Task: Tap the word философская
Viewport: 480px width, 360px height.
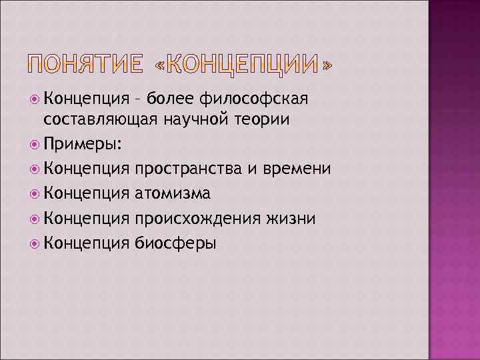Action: (254, 99)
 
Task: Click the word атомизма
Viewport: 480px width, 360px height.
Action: (173, 193)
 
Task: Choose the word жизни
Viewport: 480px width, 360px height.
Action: (293, 218)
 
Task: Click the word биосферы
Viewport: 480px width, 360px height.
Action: (175, 243)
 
